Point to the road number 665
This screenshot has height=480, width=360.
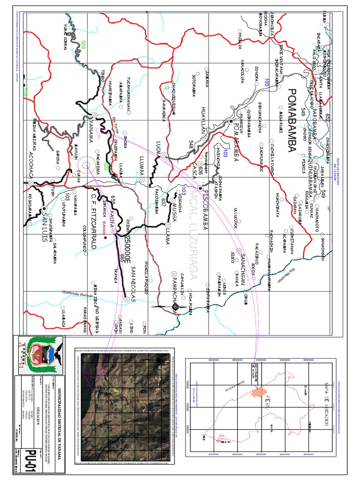(121, 257)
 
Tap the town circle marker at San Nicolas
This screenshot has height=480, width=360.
(127, 298)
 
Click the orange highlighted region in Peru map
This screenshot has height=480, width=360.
(258, 390)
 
